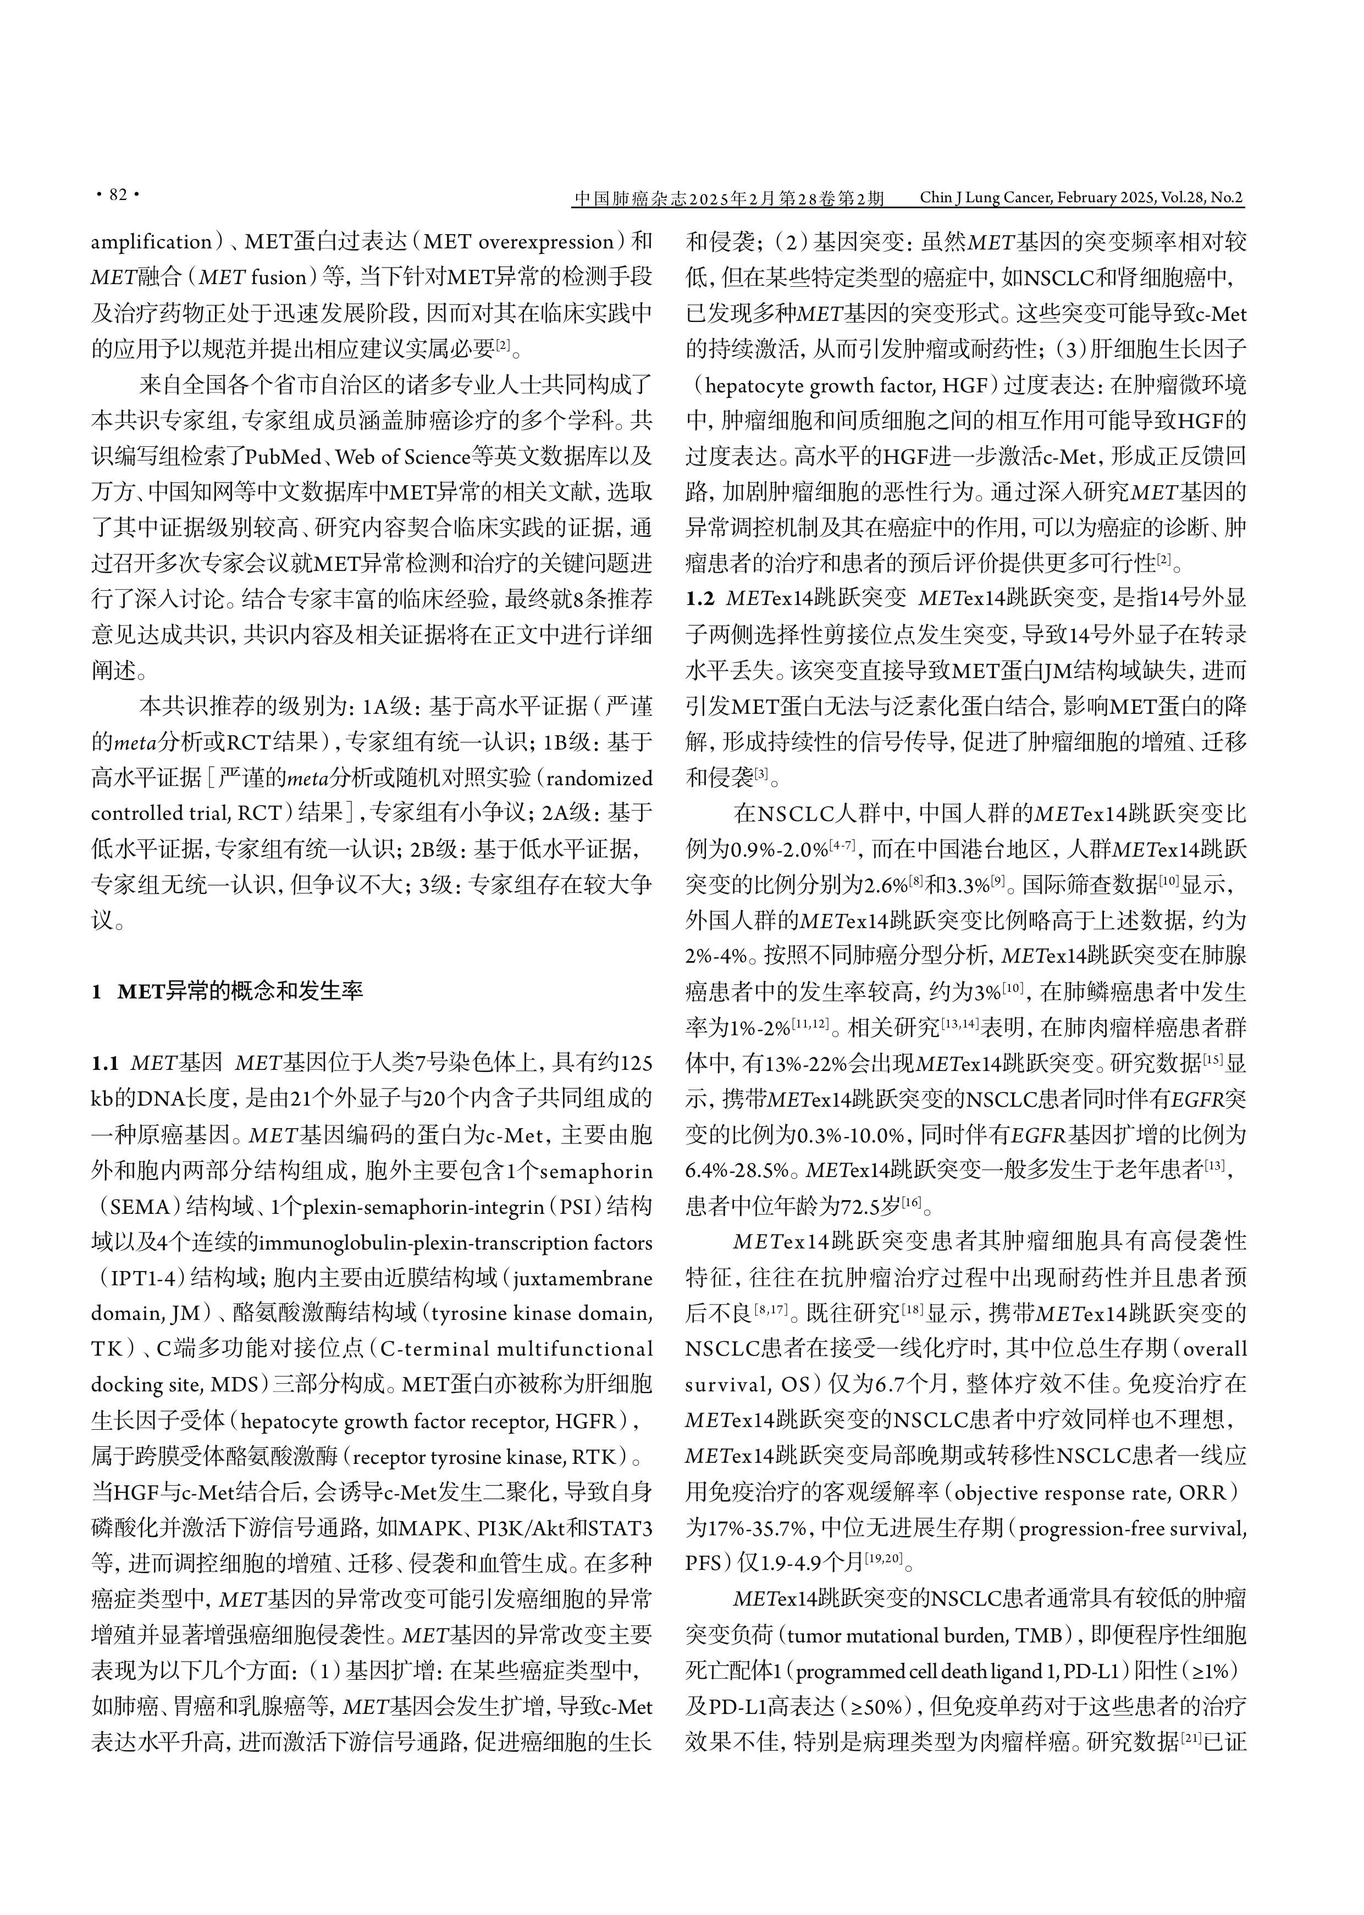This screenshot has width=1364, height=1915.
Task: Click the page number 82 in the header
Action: click(x=118, y=195)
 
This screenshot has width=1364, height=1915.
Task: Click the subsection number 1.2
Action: click(x=700, y=598)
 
